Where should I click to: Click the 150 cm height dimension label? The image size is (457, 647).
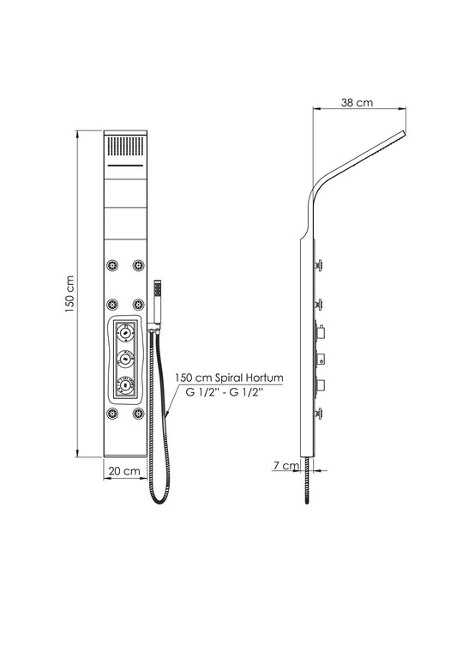(70, 293)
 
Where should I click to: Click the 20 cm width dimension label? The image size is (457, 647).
(124, 471)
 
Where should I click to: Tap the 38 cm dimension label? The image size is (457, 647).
(357, 103)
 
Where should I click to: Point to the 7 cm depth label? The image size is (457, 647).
(286, 465)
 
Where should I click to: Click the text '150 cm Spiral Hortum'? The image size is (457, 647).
(229, 378)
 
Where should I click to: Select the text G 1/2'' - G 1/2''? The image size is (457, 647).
(225, 393)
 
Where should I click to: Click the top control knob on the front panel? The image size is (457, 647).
(124, 331)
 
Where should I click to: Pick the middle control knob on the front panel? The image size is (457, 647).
(124, 358)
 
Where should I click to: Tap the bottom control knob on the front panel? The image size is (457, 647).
(124, 384)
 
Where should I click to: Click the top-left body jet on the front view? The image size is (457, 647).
(112, 265)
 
